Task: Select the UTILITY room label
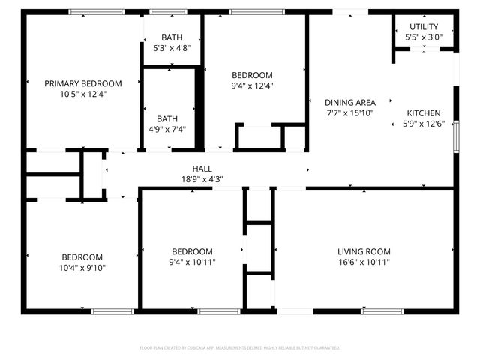tap(424, 26)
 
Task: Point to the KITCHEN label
tap(424, 113)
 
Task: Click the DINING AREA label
tap(349, 103)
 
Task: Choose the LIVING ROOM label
tap(364, 251)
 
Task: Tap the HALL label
tap(202, 169)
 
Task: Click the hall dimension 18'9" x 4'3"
tap(202, 179)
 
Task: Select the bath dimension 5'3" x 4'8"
tap(172, 47)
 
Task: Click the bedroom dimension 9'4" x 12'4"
tap(252, 85)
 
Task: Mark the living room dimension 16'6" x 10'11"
tap(364, 262)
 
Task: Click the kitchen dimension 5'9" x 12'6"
tap(424, 124)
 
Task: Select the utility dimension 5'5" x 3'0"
tap(424, 37)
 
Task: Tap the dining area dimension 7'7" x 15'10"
tap(349, 113)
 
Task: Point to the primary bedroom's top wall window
tap(97, 12)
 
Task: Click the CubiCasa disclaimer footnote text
tap(240, 348)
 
